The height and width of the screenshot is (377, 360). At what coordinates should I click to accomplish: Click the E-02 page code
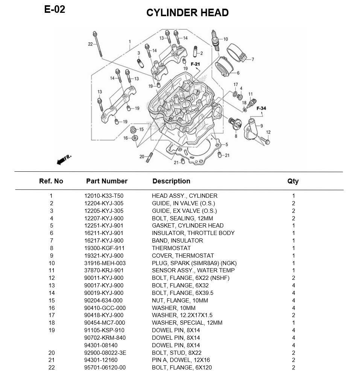[55, 9]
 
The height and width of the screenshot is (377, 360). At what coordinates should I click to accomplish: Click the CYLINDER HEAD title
[187, 13]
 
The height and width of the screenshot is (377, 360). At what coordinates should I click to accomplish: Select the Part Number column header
[107, 181]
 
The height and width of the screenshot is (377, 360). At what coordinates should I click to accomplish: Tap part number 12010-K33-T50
[104, 196]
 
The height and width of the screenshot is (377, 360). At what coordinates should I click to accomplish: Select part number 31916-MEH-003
[105, 263]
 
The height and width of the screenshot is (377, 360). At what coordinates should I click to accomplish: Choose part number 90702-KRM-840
[105, 338]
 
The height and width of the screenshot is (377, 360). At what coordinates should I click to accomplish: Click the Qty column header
[293, 181]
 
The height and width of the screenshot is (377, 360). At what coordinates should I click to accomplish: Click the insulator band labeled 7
[236, 53]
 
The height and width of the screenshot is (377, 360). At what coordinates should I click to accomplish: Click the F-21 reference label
[195, 64]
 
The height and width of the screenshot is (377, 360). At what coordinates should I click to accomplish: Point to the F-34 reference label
[261, 108]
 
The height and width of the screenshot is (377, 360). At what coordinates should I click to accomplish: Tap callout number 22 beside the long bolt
[90, 44]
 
